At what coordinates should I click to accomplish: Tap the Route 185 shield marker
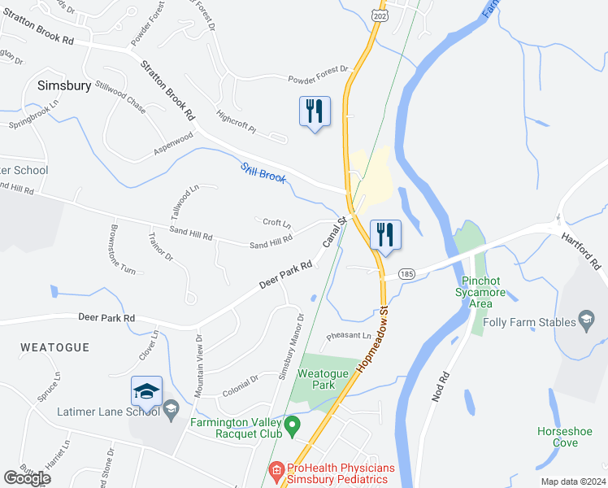407,275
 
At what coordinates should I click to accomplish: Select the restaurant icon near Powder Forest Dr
315,111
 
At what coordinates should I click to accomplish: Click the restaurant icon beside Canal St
384,235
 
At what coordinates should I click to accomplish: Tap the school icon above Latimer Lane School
146,392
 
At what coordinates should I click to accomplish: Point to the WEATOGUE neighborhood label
54,346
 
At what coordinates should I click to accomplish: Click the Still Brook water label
263,173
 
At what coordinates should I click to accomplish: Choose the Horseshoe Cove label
564,437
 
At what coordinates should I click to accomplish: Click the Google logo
28,478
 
